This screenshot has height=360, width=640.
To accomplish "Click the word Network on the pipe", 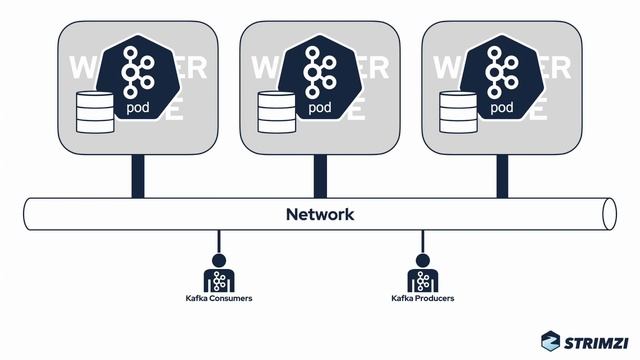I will click(319, 214).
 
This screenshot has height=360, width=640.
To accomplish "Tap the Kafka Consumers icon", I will click(218, 277).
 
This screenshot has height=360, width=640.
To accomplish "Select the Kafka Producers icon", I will click(422, 277).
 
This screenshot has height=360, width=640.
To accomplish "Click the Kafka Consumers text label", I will click(218, 299).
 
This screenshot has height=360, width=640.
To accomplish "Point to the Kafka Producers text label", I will click(422, 299).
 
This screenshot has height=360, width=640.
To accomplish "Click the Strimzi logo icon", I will click(551, 341).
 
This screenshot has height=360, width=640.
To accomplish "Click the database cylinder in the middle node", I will click(277, 112).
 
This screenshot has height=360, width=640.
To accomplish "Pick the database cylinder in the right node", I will click(459, 112).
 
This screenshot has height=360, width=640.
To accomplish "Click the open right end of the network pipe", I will click(610, 214).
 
